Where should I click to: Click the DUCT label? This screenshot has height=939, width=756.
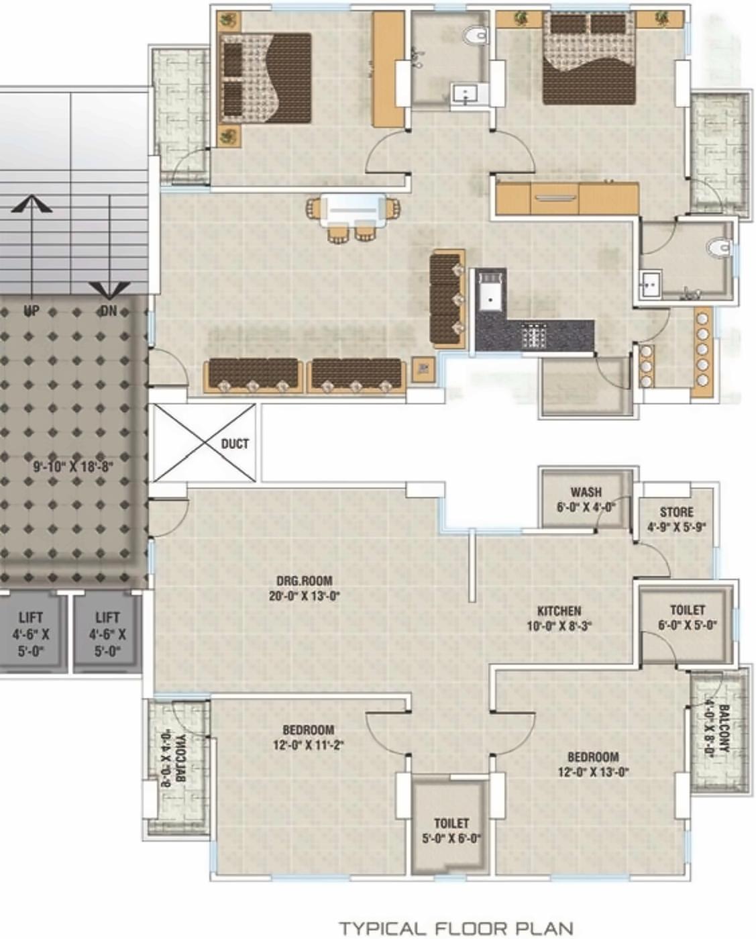(235, 444)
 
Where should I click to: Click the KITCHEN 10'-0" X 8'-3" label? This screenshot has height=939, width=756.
(559, 618)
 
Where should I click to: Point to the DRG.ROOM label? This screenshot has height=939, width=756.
(304, 589)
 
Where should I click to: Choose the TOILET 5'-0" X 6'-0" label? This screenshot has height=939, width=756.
(451, 830)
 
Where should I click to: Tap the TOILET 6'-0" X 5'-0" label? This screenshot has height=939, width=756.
(687, 617)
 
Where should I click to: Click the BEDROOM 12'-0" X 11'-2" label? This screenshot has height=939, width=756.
(308, 737)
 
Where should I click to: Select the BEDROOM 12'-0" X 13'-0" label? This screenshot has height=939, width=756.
(593, 764)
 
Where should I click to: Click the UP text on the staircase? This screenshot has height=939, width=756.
(31, 311)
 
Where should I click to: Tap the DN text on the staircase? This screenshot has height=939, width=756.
(108, 311)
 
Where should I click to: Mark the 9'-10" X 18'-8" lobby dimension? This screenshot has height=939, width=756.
(74, 466)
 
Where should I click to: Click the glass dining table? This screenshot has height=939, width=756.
(353, 209)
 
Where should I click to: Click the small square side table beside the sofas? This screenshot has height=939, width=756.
(423, 368)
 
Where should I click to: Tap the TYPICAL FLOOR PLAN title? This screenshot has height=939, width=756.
(456, 928)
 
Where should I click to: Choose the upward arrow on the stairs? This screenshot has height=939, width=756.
(31, 204)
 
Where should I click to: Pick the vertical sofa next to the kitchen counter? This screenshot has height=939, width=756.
(447, 299)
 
